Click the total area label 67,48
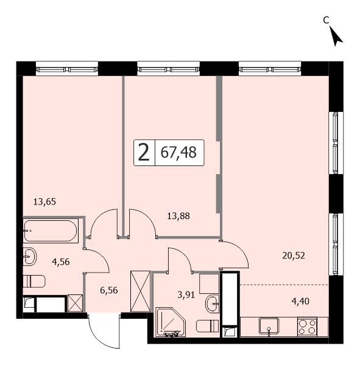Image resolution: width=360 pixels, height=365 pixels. point(178,153)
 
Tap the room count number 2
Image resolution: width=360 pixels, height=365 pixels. point(144,153)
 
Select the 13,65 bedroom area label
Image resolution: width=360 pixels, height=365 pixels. point(44,201)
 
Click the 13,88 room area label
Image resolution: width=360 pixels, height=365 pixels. point(178,216)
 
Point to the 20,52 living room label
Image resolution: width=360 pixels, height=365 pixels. point(294,256)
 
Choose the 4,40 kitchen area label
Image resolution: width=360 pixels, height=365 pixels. point(300,302)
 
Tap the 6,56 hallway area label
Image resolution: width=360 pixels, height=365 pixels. point(109,290)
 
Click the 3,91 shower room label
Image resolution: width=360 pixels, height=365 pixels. point(186,295)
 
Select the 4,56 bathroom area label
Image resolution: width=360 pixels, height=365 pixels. point(61,262)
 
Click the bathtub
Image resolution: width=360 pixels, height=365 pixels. point(50,231)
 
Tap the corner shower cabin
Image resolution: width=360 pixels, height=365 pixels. point(171,322)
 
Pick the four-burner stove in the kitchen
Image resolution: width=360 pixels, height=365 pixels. point(308,327)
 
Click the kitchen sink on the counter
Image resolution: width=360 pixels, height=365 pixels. point(269,326)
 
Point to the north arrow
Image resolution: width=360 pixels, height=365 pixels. point(336,36)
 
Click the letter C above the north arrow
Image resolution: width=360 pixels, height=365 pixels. point(326,20)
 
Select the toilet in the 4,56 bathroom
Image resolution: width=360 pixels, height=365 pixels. point(34,281)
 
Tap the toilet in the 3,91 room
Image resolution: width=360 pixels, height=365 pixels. point(207,326)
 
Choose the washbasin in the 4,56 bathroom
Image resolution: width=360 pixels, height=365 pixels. point(30,256)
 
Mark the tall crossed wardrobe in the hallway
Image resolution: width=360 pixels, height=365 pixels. point(140,291)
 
